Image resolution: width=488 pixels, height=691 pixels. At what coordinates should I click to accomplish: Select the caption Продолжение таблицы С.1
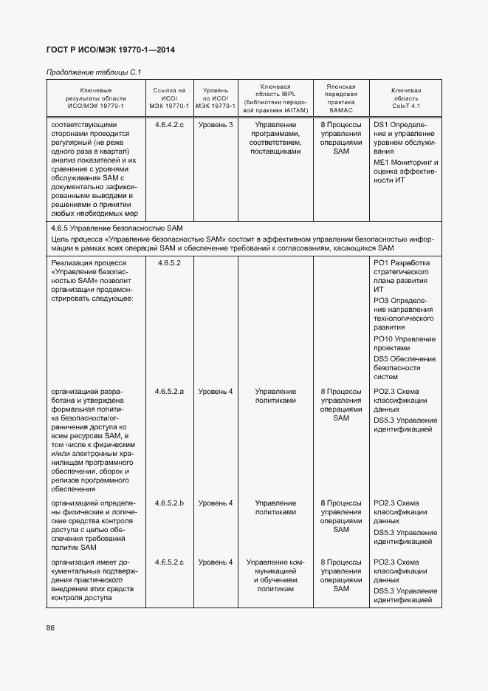pos(93,72)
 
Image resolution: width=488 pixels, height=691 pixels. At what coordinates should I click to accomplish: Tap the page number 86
pos(51,628)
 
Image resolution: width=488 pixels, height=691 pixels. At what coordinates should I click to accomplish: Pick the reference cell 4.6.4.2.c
pos(170,125)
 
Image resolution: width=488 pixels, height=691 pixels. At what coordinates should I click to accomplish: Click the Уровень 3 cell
pos(216,125)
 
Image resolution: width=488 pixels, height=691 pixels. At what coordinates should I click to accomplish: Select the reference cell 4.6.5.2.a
pos(170,392)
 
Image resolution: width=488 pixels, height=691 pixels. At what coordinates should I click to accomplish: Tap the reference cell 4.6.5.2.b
pos(170,503)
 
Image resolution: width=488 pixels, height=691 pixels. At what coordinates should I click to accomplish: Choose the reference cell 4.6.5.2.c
pos(170,562)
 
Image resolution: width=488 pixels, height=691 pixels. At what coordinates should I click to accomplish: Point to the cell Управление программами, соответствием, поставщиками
pos(275,138)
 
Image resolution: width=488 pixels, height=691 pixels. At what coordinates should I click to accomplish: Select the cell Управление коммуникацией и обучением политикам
pos(275,576)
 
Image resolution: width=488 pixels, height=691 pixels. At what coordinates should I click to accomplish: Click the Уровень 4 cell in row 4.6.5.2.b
pos(216,503)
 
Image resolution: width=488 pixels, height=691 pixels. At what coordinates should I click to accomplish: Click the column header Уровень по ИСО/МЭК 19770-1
pos(216,98)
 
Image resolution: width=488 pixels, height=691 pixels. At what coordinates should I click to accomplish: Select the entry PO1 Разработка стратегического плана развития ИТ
pos(405,276)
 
